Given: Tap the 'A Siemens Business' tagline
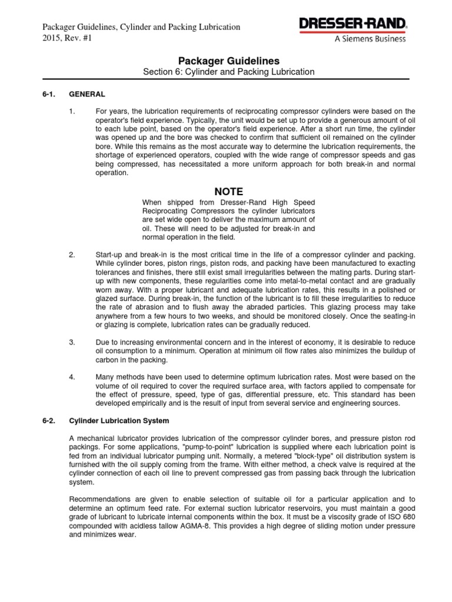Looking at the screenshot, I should [x=370, y=39].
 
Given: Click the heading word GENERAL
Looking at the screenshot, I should [x=87, y=93].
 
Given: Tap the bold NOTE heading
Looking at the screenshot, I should [x=228, y=192].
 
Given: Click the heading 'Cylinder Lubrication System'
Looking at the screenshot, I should [x=119, y=420].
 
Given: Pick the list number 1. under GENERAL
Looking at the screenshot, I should [x=72, y=111].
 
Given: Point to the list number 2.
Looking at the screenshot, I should [x=72, y=255].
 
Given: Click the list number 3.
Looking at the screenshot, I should [x=72, y=342].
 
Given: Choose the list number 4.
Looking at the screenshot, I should [x=72, y=377].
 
